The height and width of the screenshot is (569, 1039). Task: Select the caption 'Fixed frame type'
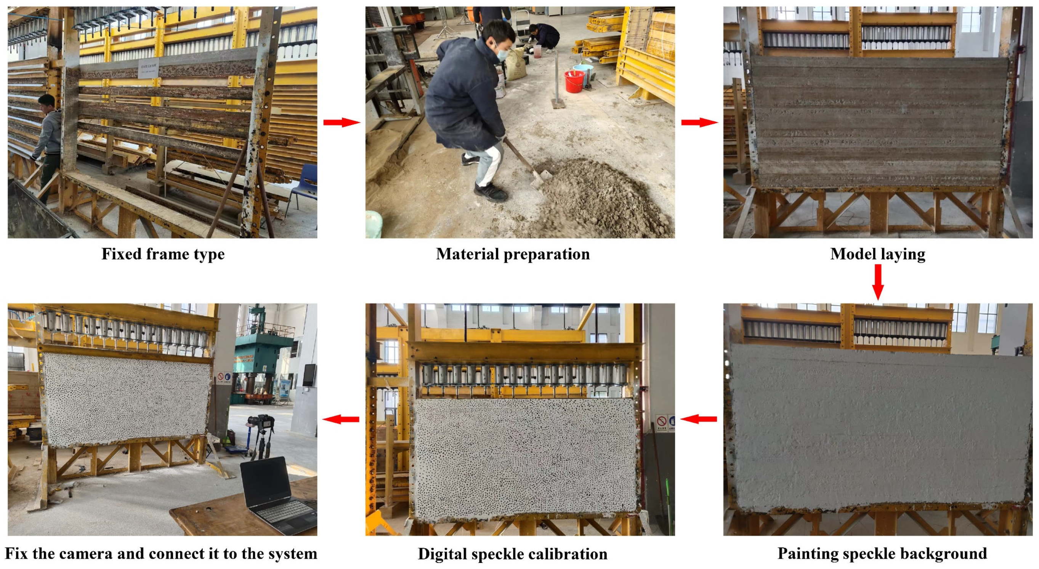click(x=163, y=254)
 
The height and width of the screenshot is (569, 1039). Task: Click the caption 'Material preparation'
click(x=513, y=254)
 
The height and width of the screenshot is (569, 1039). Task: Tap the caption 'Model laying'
click(x=878, y=254)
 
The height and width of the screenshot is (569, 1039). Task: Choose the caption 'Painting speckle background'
click(x=882, y=553)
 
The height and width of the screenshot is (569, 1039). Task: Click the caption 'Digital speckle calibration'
click(x=513, y=554)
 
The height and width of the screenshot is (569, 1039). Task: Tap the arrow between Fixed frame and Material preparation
click(x=342, y=122)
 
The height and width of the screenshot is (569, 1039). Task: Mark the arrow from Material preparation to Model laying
click(x=700, y=122)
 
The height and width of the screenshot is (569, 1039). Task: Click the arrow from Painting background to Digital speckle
click(x=699, y=419)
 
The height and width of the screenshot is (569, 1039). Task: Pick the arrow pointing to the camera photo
click(x=341, y=419)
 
